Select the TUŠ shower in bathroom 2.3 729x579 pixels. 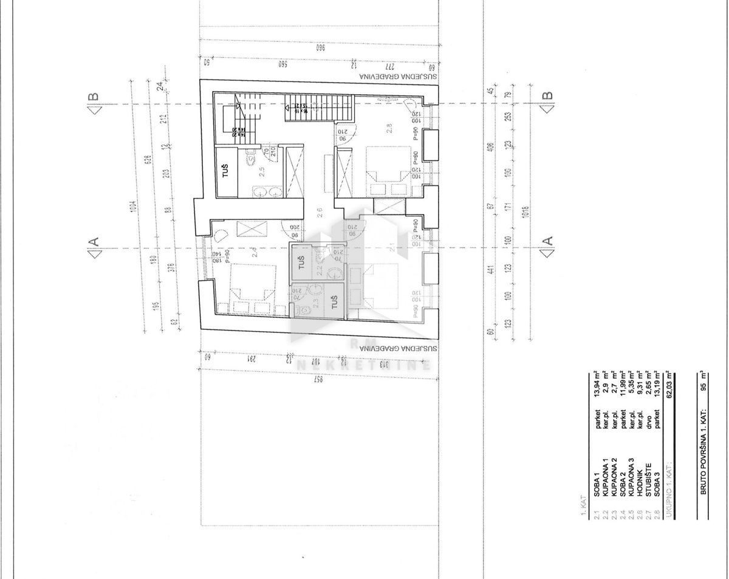pos(333,301)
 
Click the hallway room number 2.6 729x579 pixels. pos(319,214)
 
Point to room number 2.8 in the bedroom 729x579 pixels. pos(389,128)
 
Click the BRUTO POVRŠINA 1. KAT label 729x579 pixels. pos(703,462)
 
